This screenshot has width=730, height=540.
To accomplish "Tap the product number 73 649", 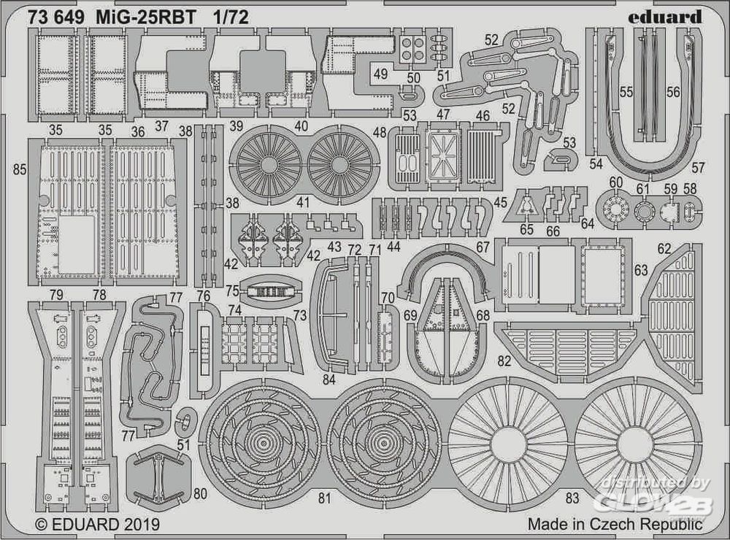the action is pyautogui.click(x=56, y=18).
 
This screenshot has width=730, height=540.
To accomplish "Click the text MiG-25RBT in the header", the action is pyautogui.click(x=146, y=18).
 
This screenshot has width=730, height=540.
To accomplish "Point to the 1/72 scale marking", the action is pyautogui.click(x=231, y=18).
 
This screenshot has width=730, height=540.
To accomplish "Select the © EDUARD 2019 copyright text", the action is pyautogui.click(x=98, y=525).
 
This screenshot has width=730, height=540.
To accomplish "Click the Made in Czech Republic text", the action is pyautogui.click(x=615, y=524).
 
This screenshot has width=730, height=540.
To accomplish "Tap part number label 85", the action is pyautogui.click(x=20, y=170).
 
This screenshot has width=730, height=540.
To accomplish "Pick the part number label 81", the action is pyautogui.click(x=325, y=498).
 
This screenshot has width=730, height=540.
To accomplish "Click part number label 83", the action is pyautogui.click(x=572, y=498).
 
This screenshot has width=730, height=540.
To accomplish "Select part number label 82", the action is pyautogui.click(x=504, y=360).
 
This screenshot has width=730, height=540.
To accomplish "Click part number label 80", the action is pyautogui.click(x=200, y=493).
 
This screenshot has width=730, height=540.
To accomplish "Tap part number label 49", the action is pyautogui.click(x=381, y=73).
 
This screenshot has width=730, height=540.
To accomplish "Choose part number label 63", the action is pyautogui.click(x=641, y=270).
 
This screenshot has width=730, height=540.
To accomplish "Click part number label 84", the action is pyautogui.click(x=328, y=379).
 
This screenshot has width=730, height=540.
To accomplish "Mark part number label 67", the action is pyautogui.click(x=483, y=247).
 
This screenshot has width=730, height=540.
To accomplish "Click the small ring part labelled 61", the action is pyautogui.click(x=644, y=212).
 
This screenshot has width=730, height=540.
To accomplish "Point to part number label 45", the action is pyautogui.click(x=501, y=203).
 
